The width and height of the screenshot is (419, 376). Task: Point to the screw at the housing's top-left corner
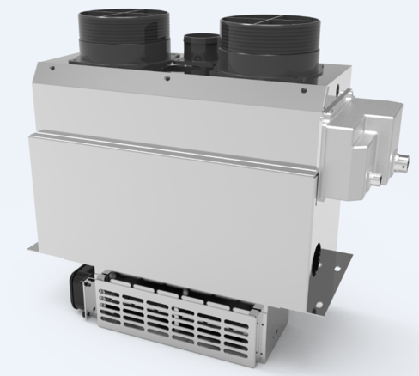pyautogui.click(x=53, y=67)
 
